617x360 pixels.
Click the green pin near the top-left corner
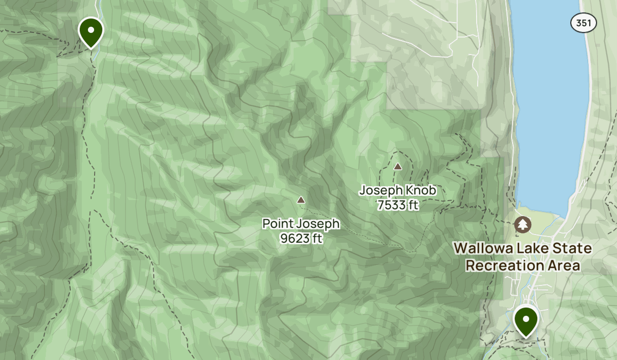pos(91,31)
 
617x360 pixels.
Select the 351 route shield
pos(583,23)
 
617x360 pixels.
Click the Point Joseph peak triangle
pos(301,200)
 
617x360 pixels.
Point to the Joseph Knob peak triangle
pos(397,166)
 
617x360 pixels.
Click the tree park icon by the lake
pos(523,224)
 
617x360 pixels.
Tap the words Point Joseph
pos(301,224)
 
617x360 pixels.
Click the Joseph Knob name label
pos(397,190)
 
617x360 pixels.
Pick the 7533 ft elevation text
pos(397,205)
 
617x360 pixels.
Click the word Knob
pos(421,190)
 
